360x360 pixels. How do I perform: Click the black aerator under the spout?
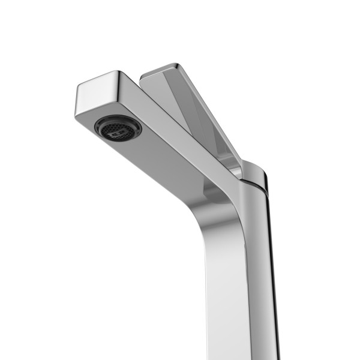coord(118,128)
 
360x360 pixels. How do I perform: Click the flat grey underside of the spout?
coord(162,156)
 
